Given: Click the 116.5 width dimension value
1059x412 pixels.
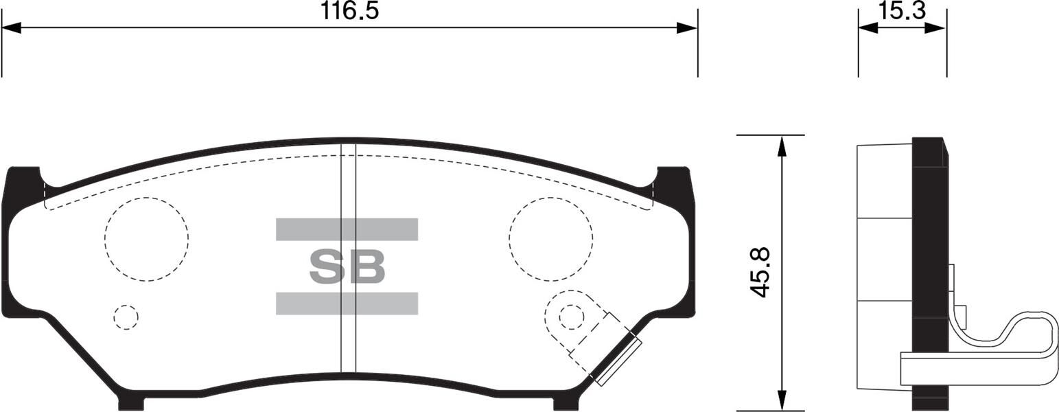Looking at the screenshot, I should (349, 10).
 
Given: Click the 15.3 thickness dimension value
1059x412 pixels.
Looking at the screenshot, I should (902, 10).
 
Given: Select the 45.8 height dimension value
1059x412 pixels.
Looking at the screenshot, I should (760, 273).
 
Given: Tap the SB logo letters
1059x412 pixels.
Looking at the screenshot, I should (347, 266).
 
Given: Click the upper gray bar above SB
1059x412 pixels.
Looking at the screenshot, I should (347, 229).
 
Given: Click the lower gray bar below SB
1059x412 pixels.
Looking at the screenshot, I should (347, 304).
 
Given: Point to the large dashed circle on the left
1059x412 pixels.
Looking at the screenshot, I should (146, 239).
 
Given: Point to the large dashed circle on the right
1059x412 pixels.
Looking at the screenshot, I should (550, 239).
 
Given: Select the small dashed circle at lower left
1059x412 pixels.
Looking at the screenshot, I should (126, 317).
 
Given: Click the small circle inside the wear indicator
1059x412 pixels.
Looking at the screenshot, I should (571, 317).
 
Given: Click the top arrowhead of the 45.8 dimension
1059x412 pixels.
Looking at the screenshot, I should (781, 145).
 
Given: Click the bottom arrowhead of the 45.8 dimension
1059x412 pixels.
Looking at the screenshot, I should (781, 400).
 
